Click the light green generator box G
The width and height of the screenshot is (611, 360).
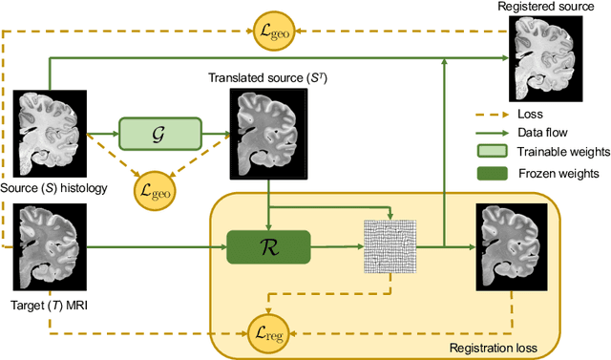[x=160, y=133]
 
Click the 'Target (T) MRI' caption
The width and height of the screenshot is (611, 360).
[x=46, y=307]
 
